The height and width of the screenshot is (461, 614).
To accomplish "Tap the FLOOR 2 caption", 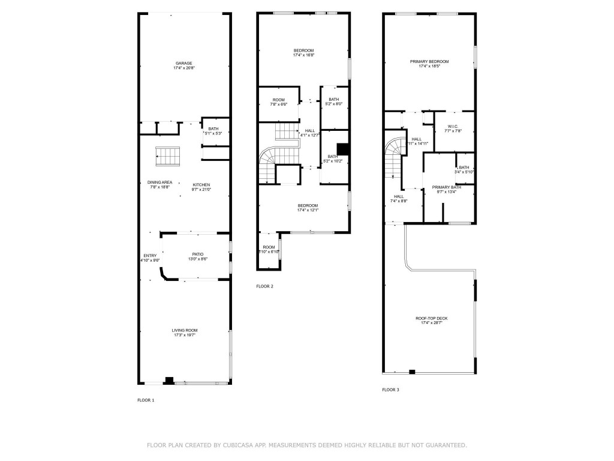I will click(264, 286).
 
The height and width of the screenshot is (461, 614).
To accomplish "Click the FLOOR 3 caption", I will click(390, 390).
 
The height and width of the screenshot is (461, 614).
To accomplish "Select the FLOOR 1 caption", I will click(146, 400).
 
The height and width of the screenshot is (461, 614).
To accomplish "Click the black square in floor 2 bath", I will click(342, 149).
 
